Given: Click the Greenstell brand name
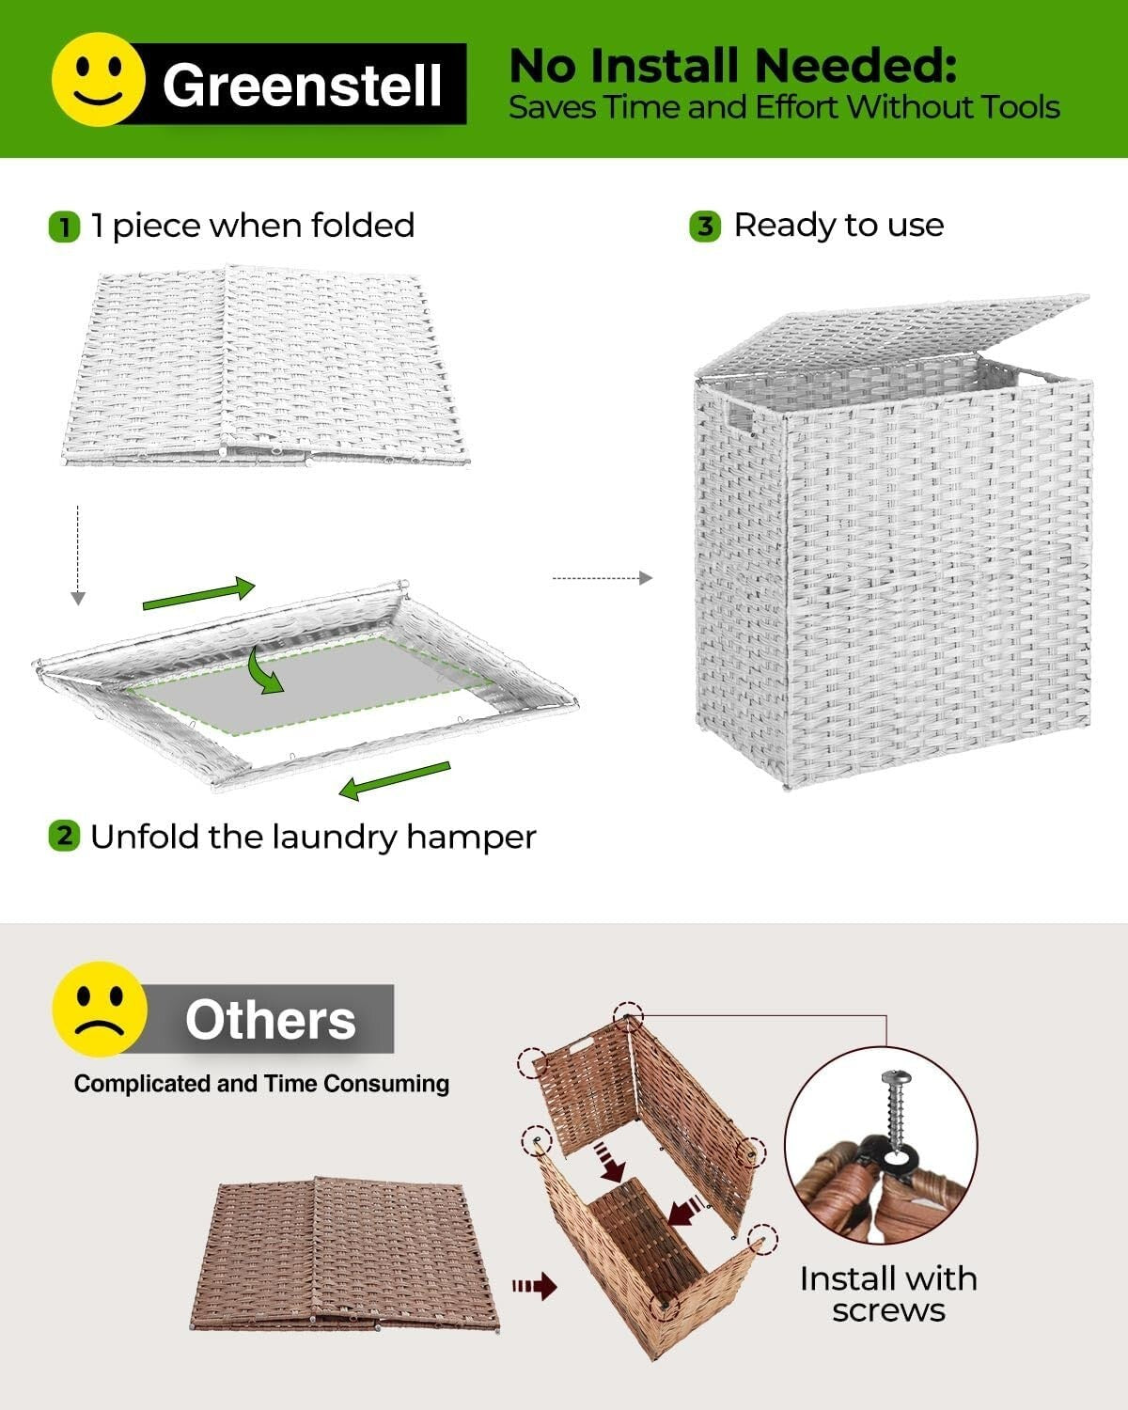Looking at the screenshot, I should [302, 86].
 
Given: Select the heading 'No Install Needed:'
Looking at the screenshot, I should [732, 66].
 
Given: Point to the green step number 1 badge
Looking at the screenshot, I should [65, 227].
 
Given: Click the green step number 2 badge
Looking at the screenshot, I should [64, 836].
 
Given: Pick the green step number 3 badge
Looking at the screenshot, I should [705, 227].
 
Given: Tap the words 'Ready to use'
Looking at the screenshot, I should [838, 226].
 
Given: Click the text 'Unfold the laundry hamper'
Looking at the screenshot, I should [313, 837].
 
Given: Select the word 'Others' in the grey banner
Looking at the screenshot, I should [271, 1020].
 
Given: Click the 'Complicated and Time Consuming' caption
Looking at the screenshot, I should [261, 1084].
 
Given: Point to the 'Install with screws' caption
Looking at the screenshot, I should [887, 1293].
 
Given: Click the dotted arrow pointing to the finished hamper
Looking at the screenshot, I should [602, 578].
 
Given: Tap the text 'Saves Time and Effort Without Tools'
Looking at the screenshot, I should [784, 107].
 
